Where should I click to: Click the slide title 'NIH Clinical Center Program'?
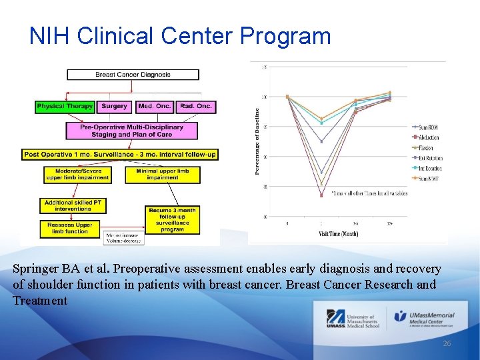(x=180, y=35)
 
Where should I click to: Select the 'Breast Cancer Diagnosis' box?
(x=133, y=75)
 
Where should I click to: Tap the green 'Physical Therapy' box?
(x=65, y=106)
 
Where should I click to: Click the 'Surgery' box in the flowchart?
(x=115, y=106)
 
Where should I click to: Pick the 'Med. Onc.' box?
(x=155, y=106)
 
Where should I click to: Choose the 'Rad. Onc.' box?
(x=196, y=106)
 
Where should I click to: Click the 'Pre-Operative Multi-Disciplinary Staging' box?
(x=131, y=130)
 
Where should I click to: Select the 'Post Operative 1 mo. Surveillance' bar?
(x=120, y=154)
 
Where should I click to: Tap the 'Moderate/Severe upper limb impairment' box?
(x=77, y=175)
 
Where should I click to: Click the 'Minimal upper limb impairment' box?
(x=163, y=175)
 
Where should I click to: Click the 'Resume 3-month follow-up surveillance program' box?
(x=172, y=219)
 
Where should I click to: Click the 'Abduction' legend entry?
(x=423, y=137)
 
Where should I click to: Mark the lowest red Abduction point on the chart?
(x=321, y=195)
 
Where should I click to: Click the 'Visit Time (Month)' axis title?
(x=338, y=234)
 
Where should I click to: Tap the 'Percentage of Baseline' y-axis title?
(x=257, y=142)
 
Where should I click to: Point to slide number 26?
(x=447, y=343)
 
